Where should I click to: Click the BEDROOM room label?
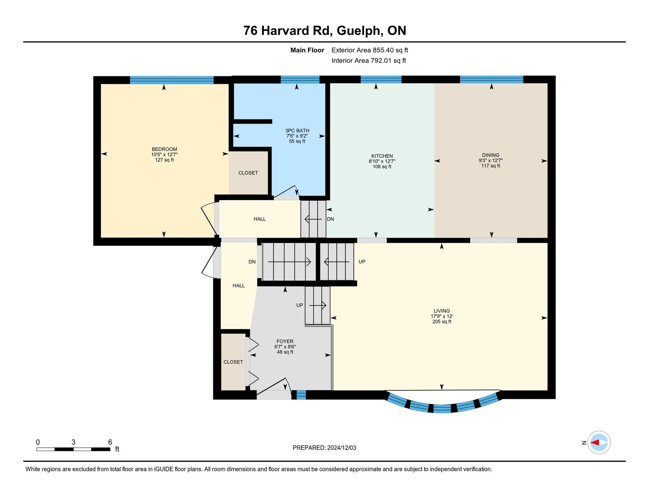point(164,149)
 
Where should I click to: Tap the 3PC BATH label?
point(297,131)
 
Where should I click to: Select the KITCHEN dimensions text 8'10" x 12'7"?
point(382,161)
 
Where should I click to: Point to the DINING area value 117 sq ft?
point(490,166)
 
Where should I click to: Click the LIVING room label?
point(442,311)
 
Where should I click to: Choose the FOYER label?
point(285,341)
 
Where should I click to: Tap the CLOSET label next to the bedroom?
point(248,173)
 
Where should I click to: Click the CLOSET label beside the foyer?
point(233,362)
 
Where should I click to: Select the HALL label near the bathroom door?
point(260,219)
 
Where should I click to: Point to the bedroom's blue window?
point(172,80)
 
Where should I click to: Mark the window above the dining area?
point(491,79)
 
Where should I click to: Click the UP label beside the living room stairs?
point(362,261)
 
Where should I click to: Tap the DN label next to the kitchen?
point(330,219)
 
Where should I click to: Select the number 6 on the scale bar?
point(110,442)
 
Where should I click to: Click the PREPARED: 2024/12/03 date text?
point(324,448)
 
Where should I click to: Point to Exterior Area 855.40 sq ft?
point(370,50)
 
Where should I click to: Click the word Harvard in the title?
point(295,30)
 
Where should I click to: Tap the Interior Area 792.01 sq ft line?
point(369,61)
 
